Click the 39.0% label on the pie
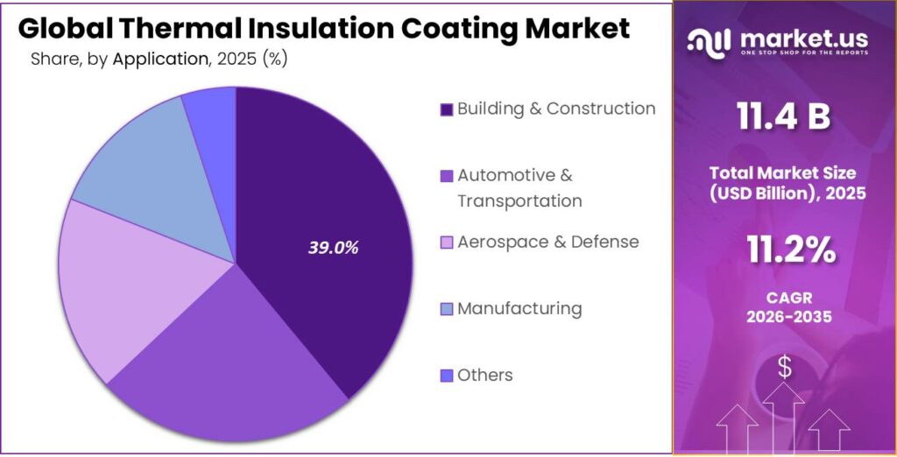333,248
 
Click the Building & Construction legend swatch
447,109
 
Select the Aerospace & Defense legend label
547,242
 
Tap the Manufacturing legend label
519,308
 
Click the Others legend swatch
447,376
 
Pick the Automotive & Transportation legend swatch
447,176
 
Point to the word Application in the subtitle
159,60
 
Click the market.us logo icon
708,41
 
